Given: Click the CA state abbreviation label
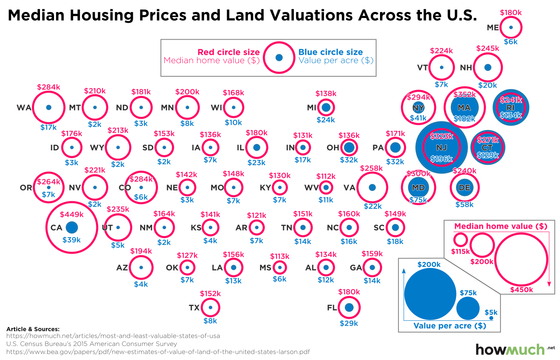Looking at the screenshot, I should coord(56,228).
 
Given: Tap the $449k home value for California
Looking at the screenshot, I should coord(72,215).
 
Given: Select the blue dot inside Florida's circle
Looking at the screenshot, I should coord(349,307).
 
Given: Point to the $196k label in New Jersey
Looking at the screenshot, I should coord(442,159).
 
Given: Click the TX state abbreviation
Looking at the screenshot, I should coord(194,308).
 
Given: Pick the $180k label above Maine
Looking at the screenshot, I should coord(511,13).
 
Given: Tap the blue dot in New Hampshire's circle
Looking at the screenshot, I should coord(488,68).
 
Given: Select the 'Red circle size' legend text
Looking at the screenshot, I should coord(228,52).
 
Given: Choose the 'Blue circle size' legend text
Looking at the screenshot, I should coord(331,52).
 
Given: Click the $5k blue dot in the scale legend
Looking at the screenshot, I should coord(491,318).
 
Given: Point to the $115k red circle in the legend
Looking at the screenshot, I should coord(460,240).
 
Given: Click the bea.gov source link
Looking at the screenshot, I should coord(158,352).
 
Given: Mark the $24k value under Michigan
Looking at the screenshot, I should coord(326,120).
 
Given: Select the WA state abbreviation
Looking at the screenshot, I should coord(24,108).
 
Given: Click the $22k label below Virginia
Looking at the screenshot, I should coord(372,206).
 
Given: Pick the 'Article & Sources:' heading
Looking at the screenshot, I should coord(33,329).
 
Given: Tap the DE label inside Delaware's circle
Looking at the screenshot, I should coord(464,188).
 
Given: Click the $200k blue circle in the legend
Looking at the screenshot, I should coord(430,294).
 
